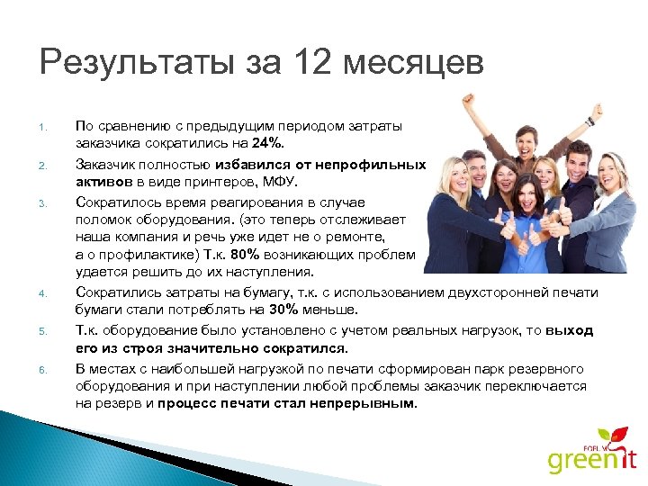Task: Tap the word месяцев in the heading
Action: [415, 65]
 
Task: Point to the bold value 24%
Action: [268, 143]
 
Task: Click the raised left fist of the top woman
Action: [466, 98]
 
